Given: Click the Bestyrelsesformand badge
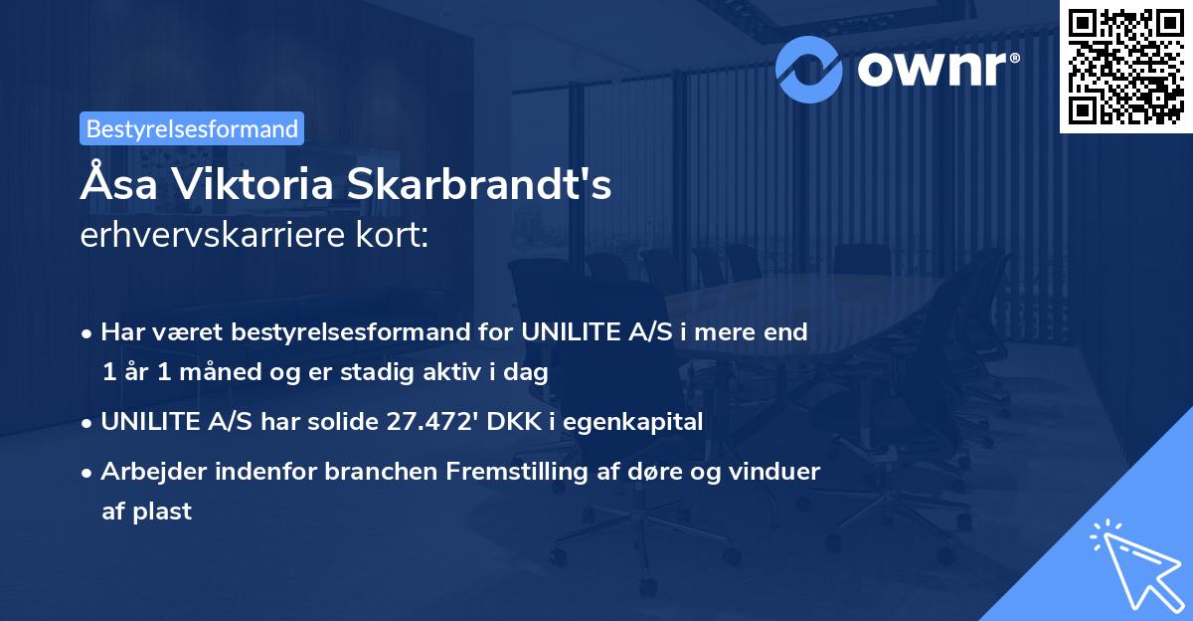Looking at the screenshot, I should (x=192, y=128).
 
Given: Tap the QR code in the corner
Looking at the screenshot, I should (x=1124, y=65).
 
